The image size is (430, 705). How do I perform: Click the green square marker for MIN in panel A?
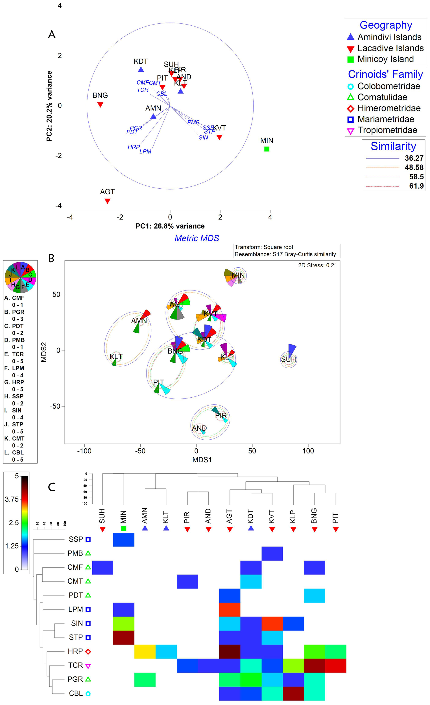point(267,149)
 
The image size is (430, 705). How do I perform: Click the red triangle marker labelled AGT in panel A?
point(107,201)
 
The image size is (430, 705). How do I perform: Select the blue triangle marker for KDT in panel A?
point(141,70)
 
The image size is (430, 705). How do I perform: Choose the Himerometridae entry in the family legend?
point(388,109)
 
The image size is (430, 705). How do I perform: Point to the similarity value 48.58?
point(414,168)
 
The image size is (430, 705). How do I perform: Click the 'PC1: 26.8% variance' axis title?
point(170,226)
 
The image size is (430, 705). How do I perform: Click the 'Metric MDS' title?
point(197,238)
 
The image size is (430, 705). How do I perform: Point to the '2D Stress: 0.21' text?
point(317,266)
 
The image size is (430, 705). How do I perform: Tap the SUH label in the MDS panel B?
point(288,359)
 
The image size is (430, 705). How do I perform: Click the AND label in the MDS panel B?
point(199,428)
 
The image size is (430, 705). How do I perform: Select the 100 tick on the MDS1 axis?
point(308,451)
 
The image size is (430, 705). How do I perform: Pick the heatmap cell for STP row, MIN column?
point(124,638)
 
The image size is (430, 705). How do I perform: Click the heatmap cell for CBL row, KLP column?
point(293,693)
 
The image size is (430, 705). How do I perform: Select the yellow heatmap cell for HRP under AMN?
point(145,651)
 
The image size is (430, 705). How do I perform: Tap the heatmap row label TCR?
point(75,665)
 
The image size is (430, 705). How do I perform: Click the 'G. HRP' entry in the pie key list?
point(14,382)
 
